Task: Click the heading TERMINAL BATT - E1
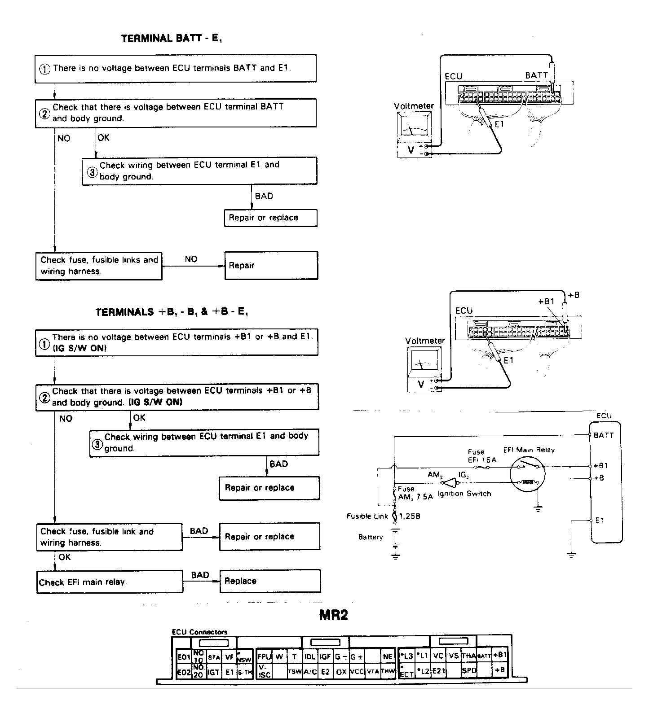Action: point(172,39)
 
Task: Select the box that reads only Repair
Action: point(271,266)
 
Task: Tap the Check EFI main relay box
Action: point(110,582)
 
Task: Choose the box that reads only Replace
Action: point(270,581)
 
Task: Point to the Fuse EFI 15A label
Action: point(482,456)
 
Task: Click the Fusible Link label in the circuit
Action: point(367,516)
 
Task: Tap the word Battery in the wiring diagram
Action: point(371,537)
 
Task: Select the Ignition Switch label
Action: point(464,494)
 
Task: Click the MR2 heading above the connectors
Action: point(333,615)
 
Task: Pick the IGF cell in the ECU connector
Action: point(325,656)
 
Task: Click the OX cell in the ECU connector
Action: point(341,672)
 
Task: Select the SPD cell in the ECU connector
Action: point(469,670)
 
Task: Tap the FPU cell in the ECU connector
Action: point(264,656)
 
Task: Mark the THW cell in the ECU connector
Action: point(388,672)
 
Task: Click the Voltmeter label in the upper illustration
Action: point(414,106)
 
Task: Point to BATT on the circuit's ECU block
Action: point(603,435)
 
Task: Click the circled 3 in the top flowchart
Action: point(92,172)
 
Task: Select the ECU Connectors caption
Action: point(199,632)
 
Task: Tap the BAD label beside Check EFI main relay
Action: point(200,575)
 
